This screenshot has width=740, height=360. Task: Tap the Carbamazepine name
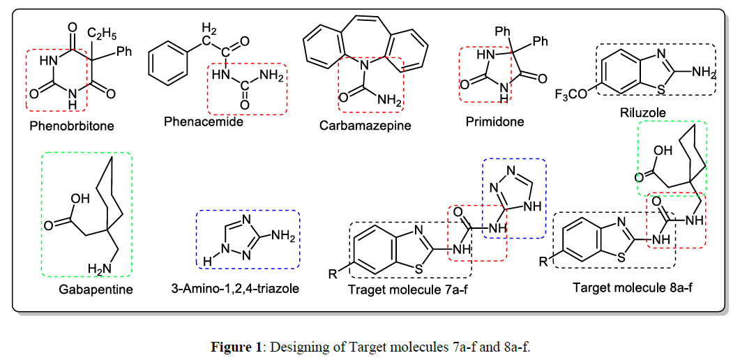click(365, 126)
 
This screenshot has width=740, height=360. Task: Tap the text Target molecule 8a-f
click(632, 287)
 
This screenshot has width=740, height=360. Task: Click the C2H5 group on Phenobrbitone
click(103, 31)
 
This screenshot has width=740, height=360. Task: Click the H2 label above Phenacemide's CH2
click(208, 29)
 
